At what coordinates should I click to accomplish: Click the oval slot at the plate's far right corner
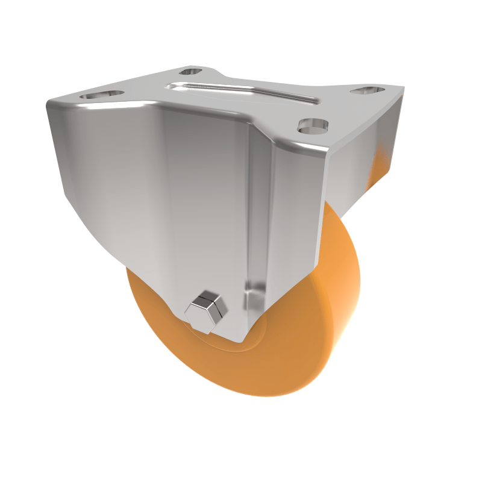tap(368, 90)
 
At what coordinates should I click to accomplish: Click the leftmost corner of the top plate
tap(48, 104)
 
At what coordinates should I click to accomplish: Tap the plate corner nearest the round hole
tap(328, 154)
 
